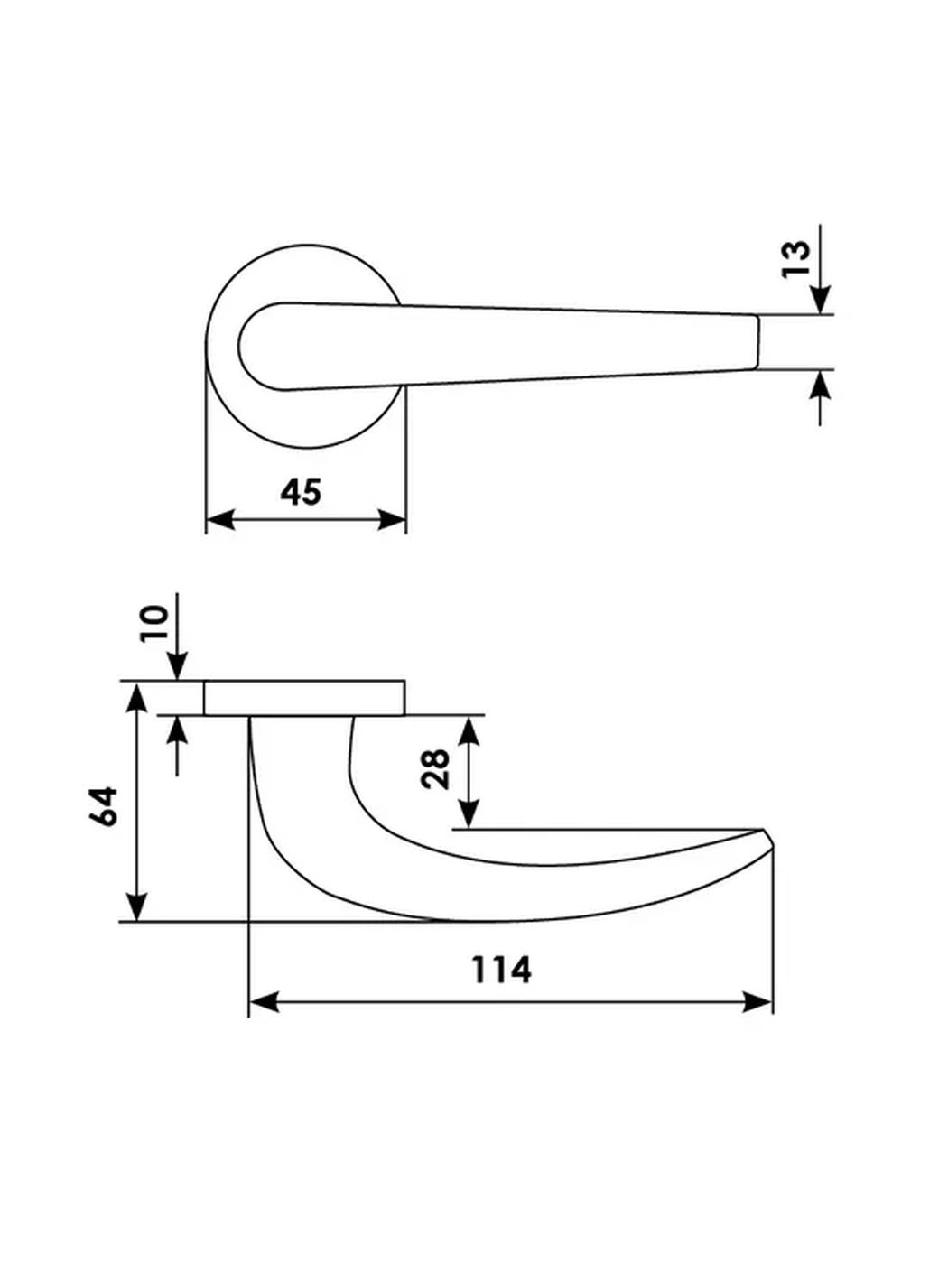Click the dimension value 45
(x=301, y=492)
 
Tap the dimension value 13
(x=796, y=260)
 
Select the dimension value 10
(x=155, y=623)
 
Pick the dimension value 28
(x=436, y=769)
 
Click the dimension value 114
(x=501, y=970)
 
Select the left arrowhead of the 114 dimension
(x=263, y=1001)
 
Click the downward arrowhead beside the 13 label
(x=820, y=301)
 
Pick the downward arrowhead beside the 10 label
(x=177, y=667)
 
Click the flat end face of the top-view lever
(x=757, y=342)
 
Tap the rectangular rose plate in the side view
(x=304, y=698)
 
